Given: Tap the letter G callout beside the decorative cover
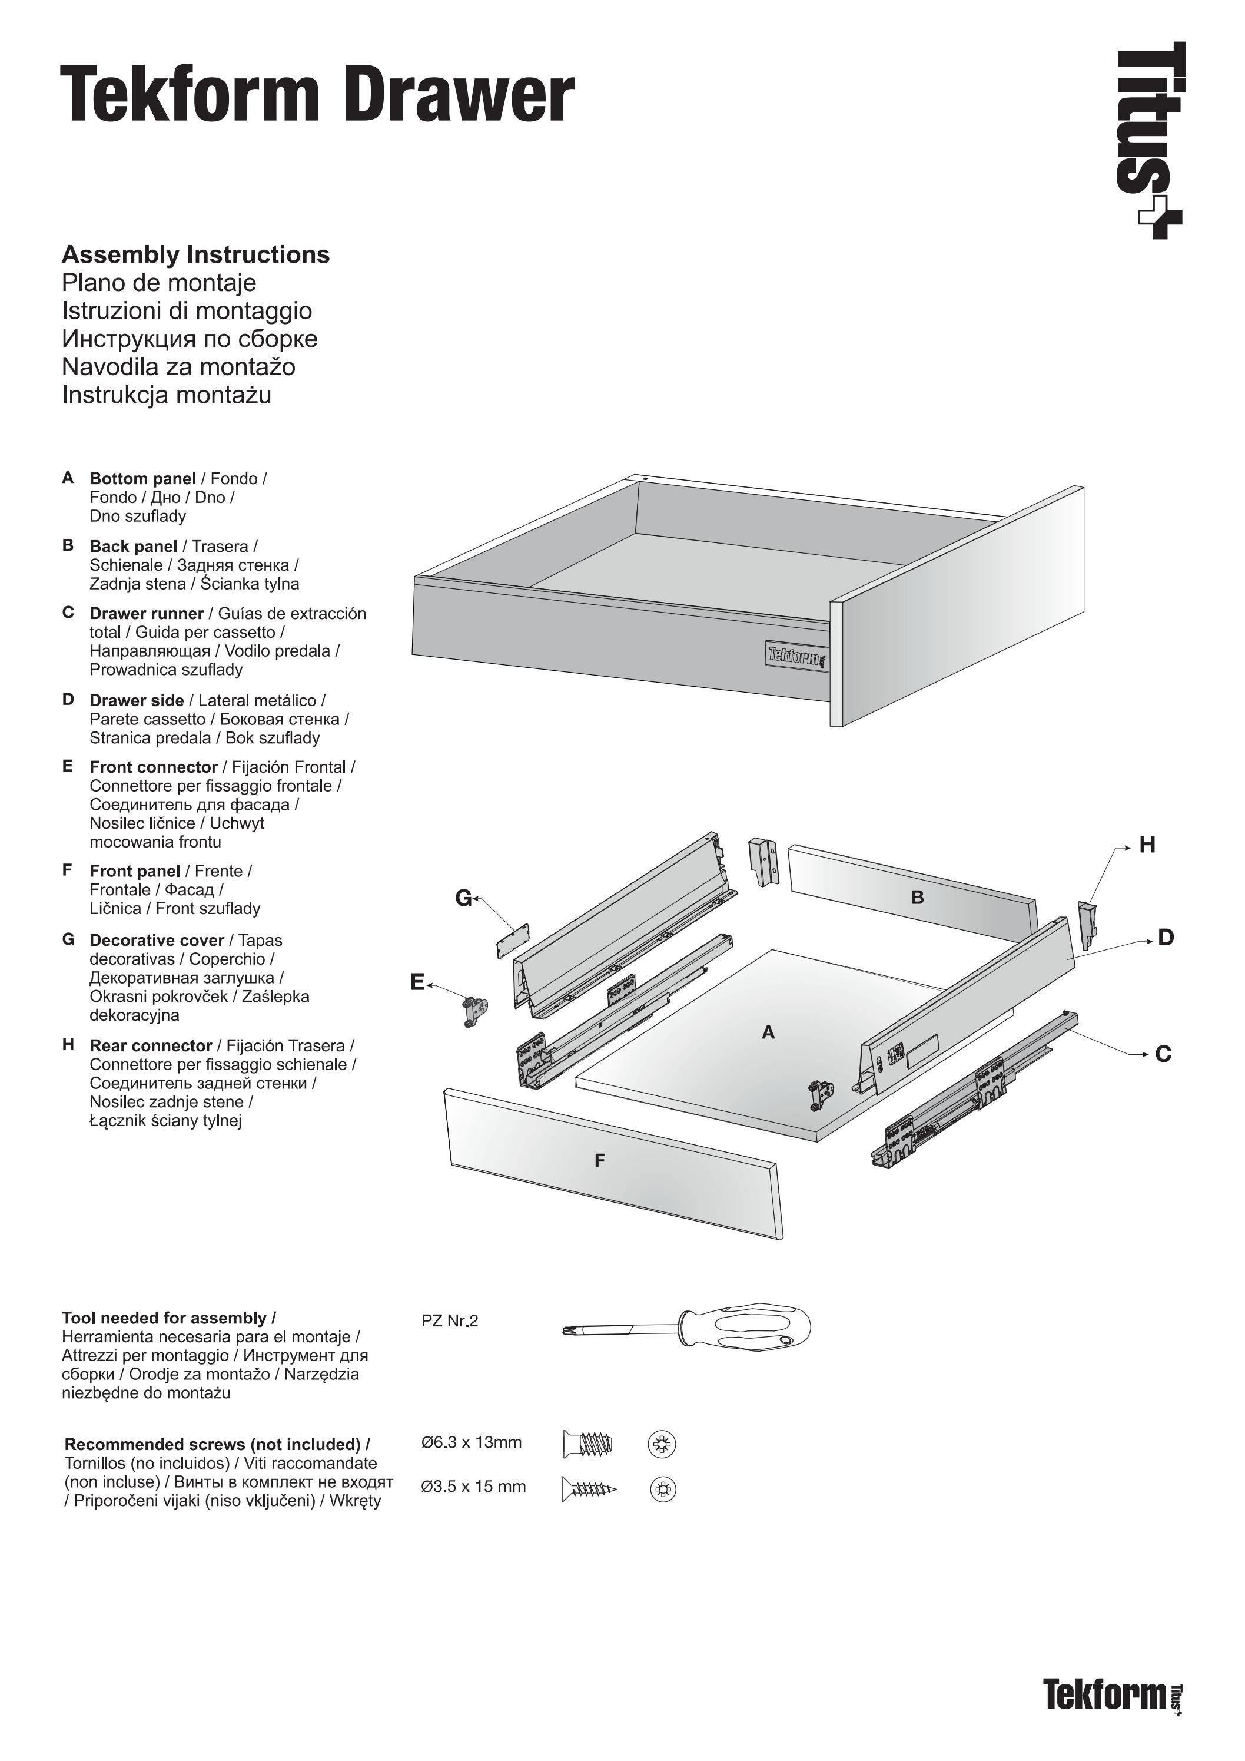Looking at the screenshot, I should point(463,898).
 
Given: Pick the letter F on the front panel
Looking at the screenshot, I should point(599,1161).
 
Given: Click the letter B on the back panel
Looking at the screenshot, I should point(917,898).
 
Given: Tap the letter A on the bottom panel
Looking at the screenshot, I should point(768,1033).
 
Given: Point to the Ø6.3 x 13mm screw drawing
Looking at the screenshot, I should point(588,1444).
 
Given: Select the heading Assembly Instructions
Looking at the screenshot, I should point(195,254).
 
